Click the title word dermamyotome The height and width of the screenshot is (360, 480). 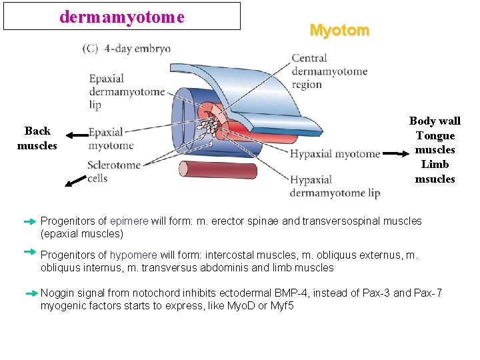tap(121, 17)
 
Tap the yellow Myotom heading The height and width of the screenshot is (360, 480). tap(339, 31)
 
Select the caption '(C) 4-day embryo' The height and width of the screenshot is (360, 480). tap(127, 49)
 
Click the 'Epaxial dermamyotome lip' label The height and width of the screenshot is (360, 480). tap(127, 92)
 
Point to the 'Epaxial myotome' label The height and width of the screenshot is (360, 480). tap(111, 139)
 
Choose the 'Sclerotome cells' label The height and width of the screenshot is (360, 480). tap(114, 171)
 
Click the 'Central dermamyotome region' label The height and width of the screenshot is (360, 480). tap(329, 71)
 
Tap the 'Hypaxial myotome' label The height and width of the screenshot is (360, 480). tap(335, 154)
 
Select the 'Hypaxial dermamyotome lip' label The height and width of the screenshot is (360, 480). tap(334, 187)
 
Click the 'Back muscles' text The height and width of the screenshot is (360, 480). tap(37, 138)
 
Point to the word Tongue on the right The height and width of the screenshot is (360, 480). tap(435, 135)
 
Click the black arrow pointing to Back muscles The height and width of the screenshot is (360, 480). tap(77, 135)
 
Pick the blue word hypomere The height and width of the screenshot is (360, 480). tap(133, 255)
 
